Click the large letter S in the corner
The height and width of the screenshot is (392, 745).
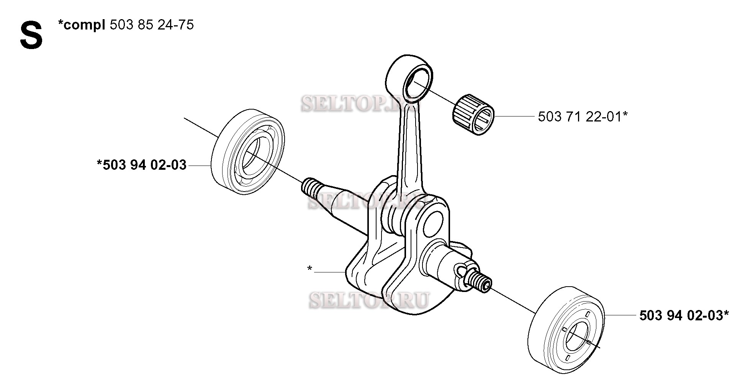31,36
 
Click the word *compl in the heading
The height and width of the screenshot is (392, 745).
82,26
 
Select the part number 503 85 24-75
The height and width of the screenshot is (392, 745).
152,25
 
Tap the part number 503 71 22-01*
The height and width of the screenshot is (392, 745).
583,116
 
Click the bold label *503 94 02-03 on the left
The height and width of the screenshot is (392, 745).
142,165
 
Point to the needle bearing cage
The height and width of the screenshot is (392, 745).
473,115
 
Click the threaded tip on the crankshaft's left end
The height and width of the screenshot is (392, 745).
310,188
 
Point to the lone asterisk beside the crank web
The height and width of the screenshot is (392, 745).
309,269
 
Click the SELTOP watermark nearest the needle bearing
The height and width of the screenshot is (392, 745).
360,104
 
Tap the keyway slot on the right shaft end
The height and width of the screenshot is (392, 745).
461,271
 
